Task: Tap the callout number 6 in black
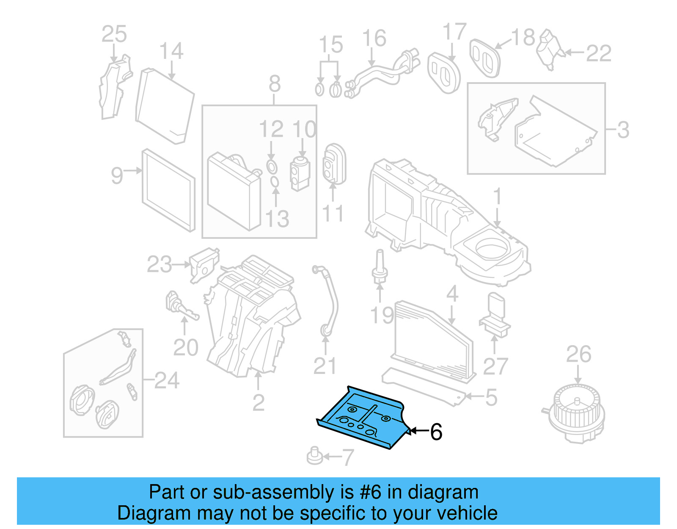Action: (x=436, y=432)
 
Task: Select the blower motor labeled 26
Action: (x=576, y=413)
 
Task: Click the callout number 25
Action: (x=114, y=34)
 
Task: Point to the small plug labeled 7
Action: (x=314, y=456)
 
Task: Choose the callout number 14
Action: (x=171, y=51)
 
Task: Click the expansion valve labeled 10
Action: (x=300, y=174)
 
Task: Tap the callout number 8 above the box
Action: (x=275, y=84)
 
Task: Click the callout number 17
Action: (x=454, y=32)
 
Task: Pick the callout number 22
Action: (x=598, y=53)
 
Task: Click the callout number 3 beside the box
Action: (x=623, y=130)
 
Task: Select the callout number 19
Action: (x=382, y=316)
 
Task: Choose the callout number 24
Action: (x=167, y=380)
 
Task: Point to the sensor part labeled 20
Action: (x=180, y=306)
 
